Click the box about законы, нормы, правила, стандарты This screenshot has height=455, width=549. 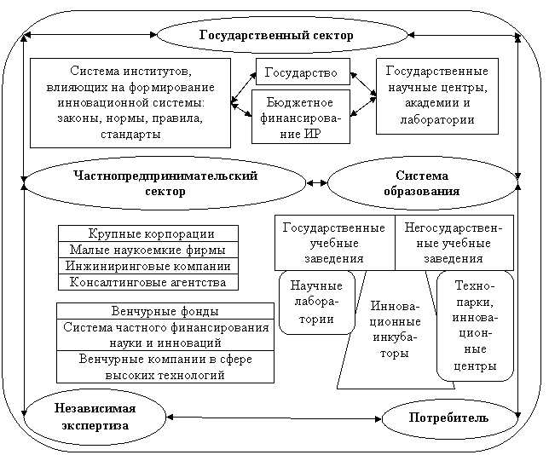130,102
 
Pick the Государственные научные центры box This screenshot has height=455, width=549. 436,95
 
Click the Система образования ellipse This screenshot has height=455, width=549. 422,182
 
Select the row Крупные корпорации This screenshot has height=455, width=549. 147,233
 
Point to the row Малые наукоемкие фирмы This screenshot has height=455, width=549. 147,250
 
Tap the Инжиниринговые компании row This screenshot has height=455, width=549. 147,266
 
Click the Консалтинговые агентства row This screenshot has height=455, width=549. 147,282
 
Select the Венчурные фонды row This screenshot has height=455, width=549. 164,311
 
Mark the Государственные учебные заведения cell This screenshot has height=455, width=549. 334,241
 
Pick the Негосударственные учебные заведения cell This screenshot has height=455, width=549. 453,241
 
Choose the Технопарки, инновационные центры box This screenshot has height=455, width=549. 475,325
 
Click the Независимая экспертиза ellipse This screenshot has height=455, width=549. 94,417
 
